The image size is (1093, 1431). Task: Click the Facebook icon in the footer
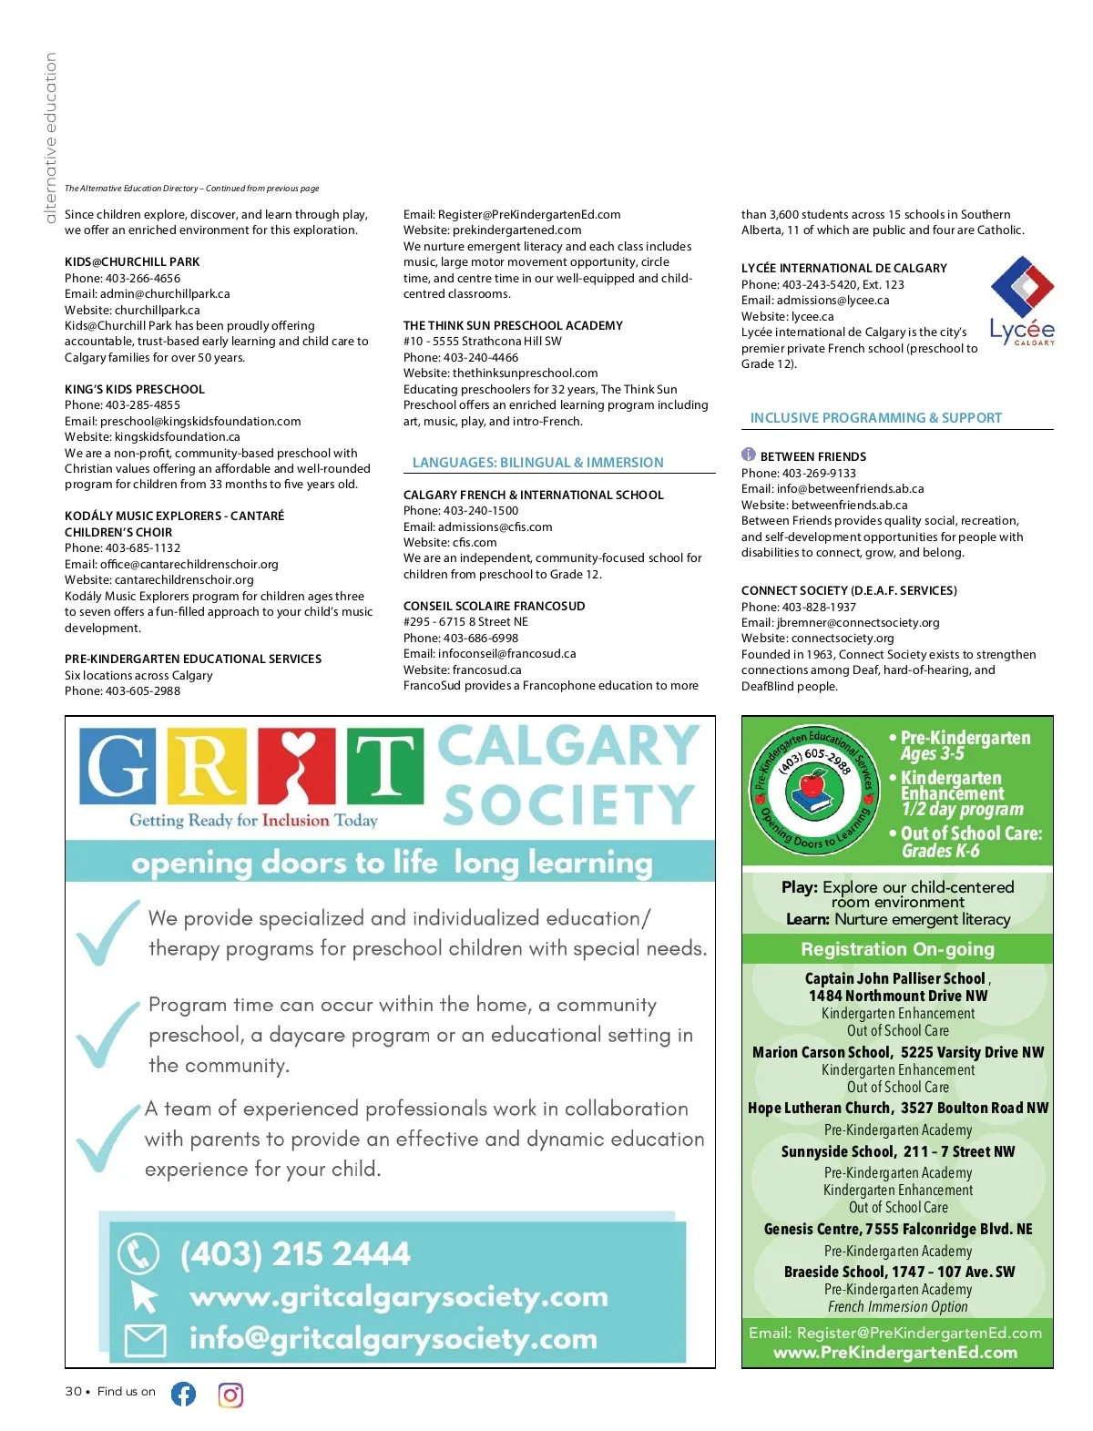point(183,1394)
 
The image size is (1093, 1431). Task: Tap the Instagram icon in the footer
point(230,1395)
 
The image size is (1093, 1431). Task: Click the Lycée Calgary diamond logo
point(1022,287)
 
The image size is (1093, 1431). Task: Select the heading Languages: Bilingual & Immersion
point(537,463)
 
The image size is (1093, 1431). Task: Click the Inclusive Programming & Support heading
point(875,418)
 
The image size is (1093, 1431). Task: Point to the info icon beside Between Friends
point(749,455)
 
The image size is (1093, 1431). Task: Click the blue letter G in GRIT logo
point(117,766)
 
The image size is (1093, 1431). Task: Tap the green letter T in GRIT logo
point(384,766)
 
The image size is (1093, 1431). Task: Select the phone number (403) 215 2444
point(295,1254)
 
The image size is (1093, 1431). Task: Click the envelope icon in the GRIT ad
point(144,1340)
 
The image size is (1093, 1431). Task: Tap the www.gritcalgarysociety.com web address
point(398,1296)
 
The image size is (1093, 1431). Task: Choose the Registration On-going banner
point(897,949)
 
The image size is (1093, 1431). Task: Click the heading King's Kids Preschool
point(135,389)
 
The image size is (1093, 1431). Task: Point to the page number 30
point(73,1391)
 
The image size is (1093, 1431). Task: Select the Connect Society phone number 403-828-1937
point(818,607)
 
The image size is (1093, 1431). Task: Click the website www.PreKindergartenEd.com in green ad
point(895,1353)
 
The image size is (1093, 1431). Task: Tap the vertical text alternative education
point(51,137)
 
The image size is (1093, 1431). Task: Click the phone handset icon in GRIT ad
point(138,1254)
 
